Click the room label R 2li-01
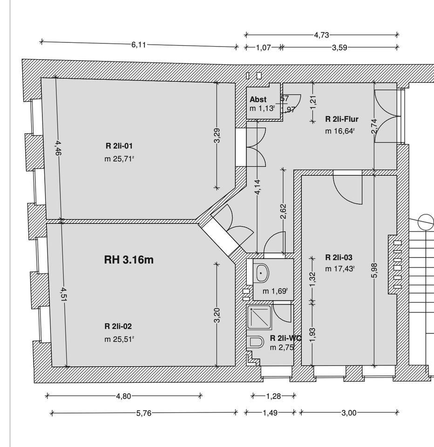tap(119, 146)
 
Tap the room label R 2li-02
tap(121, 326)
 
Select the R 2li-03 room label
tap(339, 257)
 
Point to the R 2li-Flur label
tap(341, 119)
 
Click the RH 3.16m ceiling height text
tap(129, 260)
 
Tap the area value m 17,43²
tap(340, 269)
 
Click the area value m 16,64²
tap(340, 131)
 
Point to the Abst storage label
tap(258, 99)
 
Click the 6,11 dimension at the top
tap(139, 45)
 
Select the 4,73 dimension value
tap(322, 34)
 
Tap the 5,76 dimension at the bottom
tap(144, 413)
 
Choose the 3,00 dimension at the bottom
tap(349, 413)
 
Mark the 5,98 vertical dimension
tap(375, 271)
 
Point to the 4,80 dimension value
tap(123, 396)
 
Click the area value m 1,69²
tap(275, 291)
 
